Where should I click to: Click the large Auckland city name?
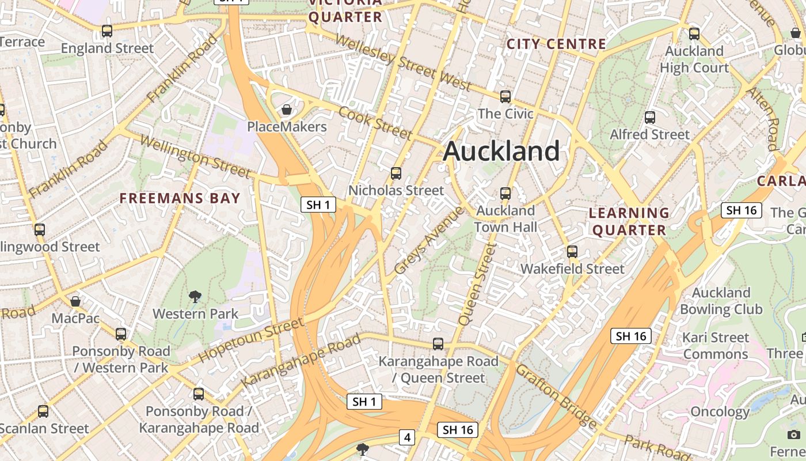pos(501,152)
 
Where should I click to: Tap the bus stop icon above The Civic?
pos(505,96)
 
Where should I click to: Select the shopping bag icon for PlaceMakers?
pos(286,109)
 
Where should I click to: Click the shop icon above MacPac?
pos(75,301)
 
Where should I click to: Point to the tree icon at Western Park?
pos(195,297)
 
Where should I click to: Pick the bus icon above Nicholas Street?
pos(396,173)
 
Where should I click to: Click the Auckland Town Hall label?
pos(505,219)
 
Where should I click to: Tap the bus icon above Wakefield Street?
pos(572,251)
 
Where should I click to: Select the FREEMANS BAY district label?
pos(180,199)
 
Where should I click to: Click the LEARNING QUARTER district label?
pos(629,222)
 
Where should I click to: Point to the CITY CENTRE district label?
pos(556,44)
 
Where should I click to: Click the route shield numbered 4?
pos(408,437)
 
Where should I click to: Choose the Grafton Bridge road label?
pos(556,396)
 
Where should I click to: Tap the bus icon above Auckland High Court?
pos(694,33)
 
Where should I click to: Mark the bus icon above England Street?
pos(107,31)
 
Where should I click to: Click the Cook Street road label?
pos(375,123)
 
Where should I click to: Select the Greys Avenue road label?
pos(429,240)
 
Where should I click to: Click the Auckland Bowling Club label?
pos(721,301)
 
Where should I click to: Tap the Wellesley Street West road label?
pos(403,62)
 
